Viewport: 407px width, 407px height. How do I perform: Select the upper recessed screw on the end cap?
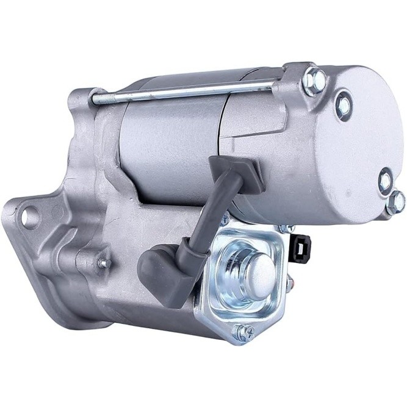point(344,105)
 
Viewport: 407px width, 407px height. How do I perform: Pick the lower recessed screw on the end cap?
point(385,181)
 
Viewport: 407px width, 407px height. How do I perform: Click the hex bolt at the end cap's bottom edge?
point(395,202)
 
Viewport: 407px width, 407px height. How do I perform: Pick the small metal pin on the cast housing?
point(103,263)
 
